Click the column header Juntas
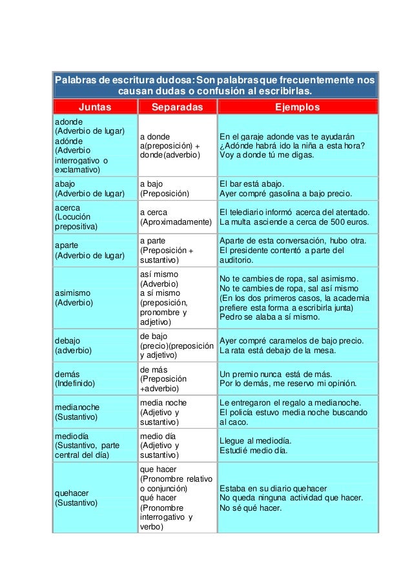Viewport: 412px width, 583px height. pyautogui.click(x=95, y=107)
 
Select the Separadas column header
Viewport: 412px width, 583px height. pyautogui.click(x=177, y=107)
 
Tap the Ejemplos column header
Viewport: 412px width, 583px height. pyautogui.click(x=298, y=107)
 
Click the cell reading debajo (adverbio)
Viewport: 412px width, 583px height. pyautogui.click(x=95, y=345)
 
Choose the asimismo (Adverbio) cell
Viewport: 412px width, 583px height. pyautogui.click(x=95, y=297)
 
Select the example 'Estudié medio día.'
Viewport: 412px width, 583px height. pyautogui.click(x=254, y=450)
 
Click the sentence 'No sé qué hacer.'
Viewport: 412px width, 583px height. pyautogui.click(x=251, y=507)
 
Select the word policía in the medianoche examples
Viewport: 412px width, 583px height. pyautogui.click(x=243, y=412)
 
